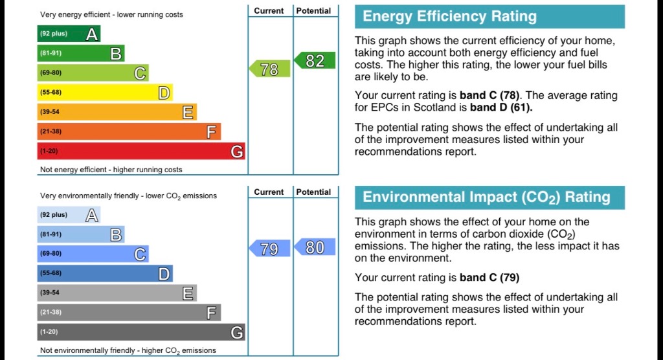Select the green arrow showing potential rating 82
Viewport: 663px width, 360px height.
tap(315, 61)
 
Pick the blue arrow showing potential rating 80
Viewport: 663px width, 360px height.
tap(315, 247)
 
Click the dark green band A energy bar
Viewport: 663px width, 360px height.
tap(69, 34)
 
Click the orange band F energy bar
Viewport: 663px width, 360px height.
tap(129, 131)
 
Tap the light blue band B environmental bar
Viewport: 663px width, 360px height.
tap(81, 234)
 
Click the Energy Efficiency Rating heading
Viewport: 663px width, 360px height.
tap(490, 17)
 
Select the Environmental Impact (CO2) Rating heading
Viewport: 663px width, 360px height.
tap(490, 197)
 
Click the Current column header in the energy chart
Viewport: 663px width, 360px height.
tap(269, 11)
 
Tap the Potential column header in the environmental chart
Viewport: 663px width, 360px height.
tap(313, 192)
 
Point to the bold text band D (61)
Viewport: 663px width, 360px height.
tap(501, 107)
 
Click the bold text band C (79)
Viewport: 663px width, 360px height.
tap(489, 278)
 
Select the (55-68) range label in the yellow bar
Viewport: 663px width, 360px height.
tap(51, 93)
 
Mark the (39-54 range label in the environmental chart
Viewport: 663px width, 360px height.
tap(51, 293)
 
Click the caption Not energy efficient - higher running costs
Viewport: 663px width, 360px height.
tap(111, 170)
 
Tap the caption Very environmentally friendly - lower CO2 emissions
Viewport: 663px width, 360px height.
tap(128, 196)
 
